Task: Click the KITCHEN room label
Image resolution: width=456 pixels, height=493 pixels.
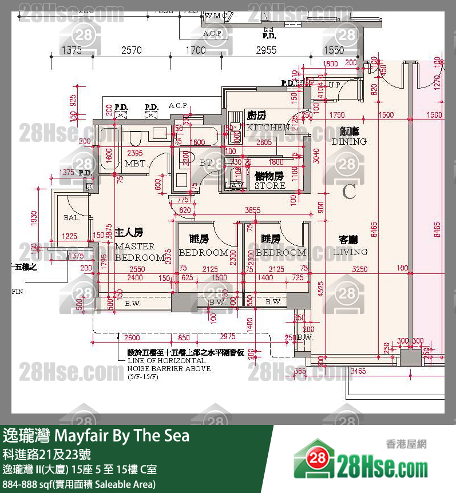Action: (268, 127)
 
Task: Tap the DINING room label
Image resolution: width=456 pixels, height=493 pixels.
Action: (348, 141)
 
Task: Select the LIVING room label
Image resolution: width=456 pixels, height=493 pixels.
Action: (353, 252)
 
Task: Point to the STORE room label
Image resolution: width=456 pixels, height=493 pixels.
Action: (269, 185)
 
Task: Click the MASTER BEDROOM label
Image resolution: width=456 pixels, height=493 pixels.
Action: (140, 252)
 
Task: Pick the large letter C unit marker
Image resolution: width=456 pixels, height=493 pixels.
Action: (349, 192)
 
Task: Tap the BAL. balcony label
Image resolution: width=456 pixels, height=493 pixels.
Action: (72, 217)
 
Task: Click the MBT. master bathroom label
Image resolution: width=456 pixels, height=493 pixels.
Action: (136, 164)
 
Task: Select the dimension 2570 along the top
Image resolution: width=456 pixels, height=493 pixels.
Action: (131, 50)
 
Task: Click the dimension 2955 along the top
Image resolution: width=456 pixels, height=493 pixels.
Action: (265, 50)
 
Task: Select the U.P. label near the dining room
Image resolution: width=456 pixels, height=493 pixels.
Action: (335, 85)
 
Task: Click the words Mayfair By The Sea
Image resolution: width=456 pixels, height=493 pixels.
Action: (121, 436)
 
